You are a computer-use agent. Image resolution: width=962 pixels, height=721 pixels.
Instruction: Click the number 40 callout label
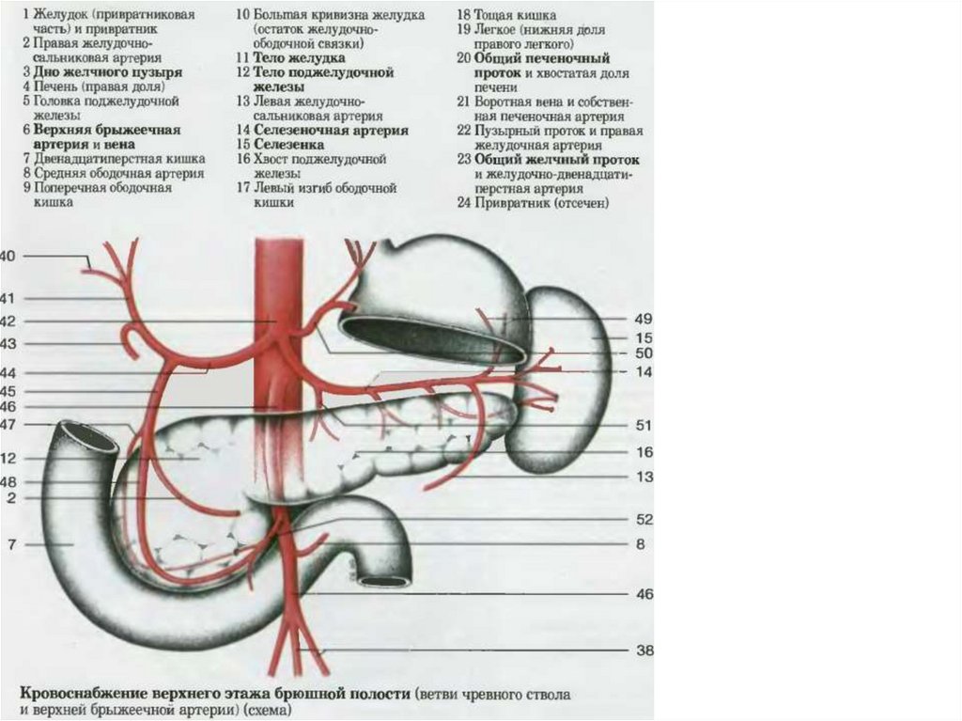coord(8,257)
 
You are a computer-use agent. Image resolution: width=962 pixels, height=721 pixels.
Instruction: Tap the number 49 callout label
coord(644,320)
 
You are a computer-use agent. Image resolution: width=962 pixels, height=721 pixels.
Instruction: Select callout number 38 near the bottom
coord(644,650)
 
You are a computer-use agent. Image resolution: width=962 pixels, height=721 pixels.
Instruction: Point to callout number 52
coord(644,519)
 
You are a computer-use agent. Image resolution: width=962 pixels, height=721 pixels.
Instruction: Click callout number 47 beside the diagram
coord(8,425)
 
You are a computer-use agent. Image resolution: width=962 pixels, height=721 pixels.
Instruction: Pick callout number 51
coord(644,425)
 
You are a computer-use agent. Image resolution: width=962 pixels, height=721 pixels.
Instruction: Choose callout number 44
coord(8,373)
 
